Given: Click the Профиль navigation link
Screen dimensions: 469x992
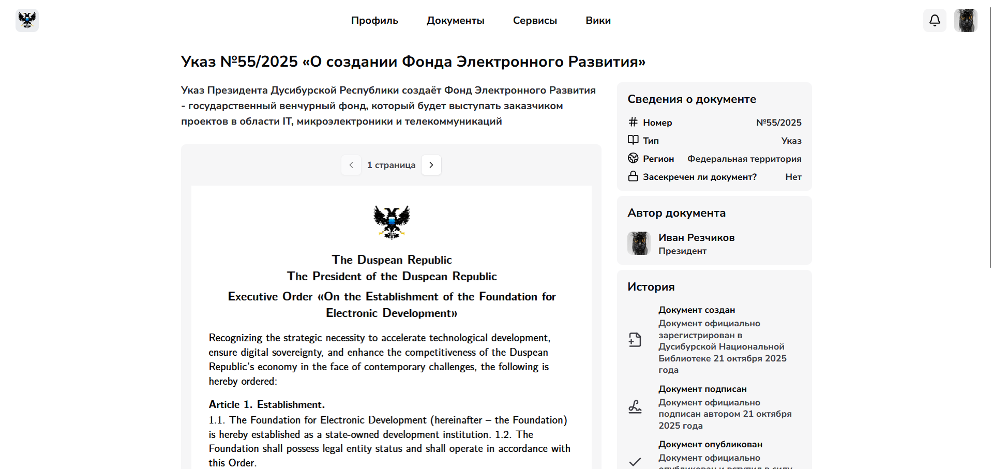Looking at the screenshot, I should tap(374, 21).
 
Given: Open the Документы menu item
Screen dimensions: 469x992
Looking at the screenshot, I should tap(455, 21).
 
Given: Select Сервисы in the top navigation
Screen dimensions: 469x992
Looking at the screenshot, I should tap(535, 21).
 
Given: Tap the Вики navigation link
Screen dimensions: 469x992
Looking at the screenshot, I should tap(598, 21).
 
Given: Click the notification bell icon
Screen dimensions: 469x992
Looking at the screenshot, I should tap(935, 21).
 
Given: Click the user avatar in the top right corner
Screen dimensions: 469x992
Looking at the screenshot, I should tap(965, 21).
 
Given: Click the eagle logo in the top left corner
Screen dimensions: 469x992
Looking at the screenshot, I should tap(27, 21).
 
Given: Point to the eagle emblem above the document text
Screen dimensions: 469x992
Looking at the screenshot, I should tap(392, 222).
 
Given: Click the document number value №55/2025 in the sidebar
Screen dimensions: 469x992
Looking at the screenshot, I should tap(778, 123).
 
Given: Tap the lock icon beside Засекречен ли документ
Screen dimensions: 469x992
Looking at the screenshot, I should tap(633, 176).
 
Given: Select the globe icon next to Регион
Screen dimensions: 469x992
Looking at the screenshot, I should tap(633, 158).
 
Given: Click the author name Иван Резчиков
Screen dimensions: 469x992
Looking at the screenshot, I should tap(696, 237).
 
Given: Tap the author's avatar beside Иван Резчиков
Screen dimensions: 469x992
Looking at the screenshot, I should tap(639, 243).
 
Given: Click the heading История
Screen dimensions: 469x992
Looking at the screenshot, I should tap(651, 287).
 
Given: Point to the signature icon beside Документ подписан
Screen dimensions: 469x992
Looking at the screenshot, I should tap(635, 407).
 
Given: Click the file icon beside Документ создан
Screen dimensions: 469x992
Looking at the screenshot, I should tap(635, 340).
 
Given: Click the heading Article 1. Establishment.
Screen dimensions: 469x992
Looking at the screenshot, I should tap(266, 404).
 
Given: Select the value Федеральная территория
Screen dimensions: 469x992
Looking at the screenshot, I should tap(744, 159).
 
